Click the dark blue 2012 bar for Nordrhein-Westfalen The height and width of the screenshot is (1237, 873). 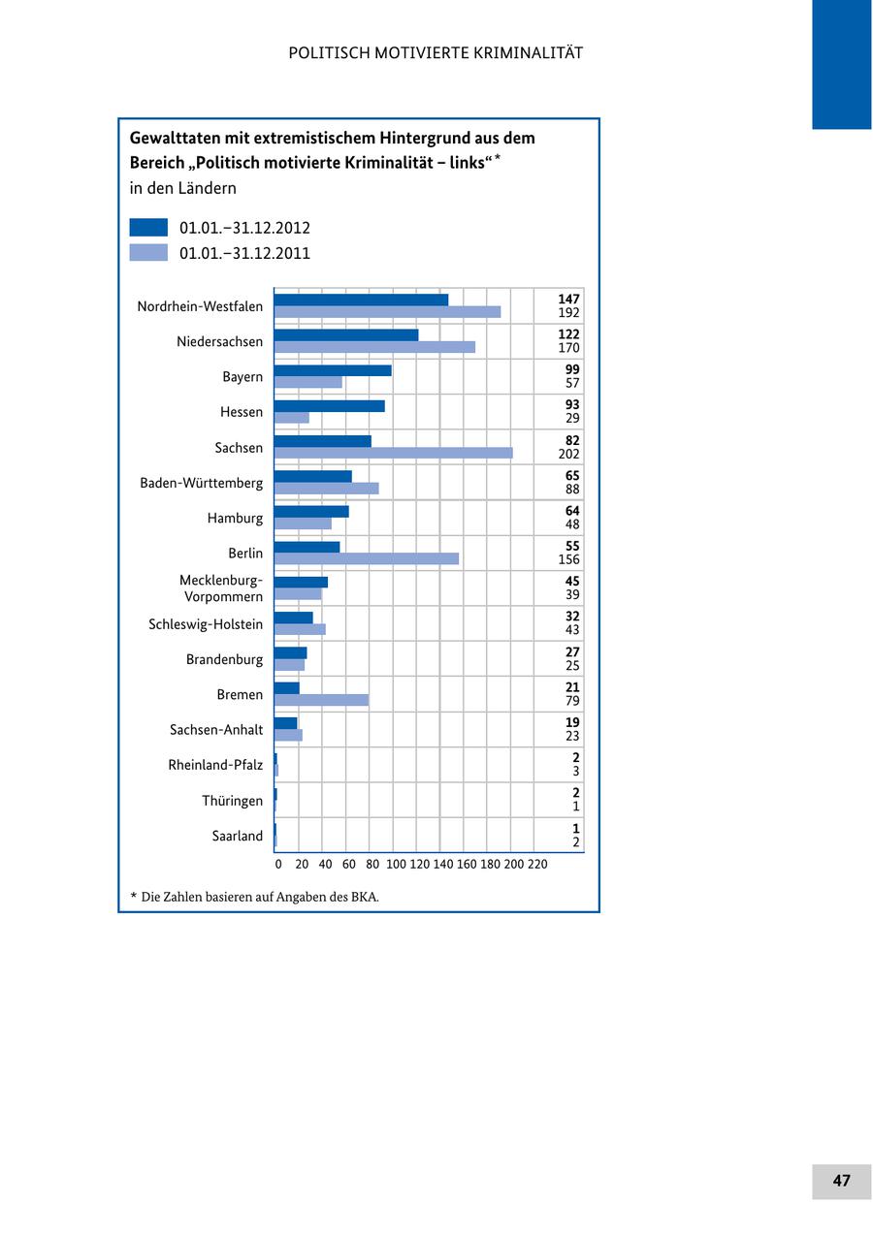pyautogui.click(x=361, y=300)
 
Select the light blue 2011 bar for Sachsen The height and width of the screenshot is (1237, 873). pyautogui.click(x=393, y=453)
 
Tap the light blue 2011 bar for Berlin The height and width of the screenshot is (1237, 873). pyautogui.click(x=366, y=558)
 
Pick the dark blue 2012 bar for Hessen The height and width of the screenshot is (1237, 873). pyautogui.click(x=329, y=405)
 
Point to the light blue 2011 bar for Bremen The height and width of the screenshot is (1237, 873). pyautogui.click(x=321, y=700)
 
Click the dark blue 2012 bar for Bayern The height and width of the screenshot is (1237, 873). pyautogui.click(x=333, y=370)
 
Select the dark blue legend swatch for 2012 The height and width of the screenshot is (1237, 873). pyautogui.click(x=148, y=228)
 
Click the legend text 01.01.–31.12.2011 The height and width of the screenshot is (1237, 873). pyautogui.click(x=244, y=254)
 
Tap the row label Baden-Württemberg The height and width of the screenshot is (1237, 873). pyautogui.click(x=201, y=483)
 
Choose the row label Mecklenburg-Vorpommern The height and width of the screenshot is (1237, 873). pyautogui.click(x=221, y=588)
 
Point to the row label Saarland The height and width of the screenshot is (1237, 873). pyautogui.click(x=237, y=836)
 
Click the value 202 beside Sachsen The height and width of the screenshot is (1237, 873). pyautogui.click(x=568, y=454)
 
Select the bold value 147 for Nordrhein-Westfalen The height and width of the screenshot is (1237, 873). pyautogui.click(x=568, y=300)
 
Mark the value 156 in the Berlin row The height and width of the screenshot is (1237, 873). pyautogui.click(x=568, y=559)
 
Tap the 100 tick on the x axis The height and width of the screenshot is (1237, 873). pyautogui.click(x=396, y=864)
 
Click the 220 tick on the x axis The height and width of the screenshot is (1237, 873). pyautogui.click(x=537, y=864)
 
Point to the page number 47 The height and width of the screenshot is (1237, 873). pyautogui.click(x=841, y=1181)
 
